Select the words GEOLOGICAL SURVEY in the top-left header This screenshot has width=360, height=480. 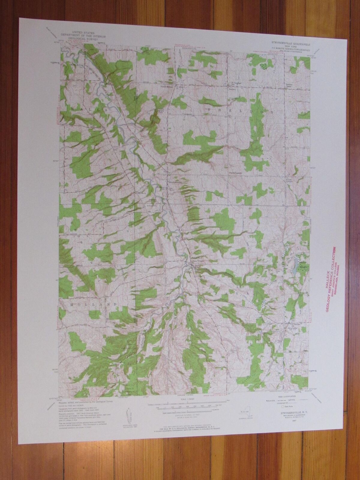pyautogui.click(x=83, y=38)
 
